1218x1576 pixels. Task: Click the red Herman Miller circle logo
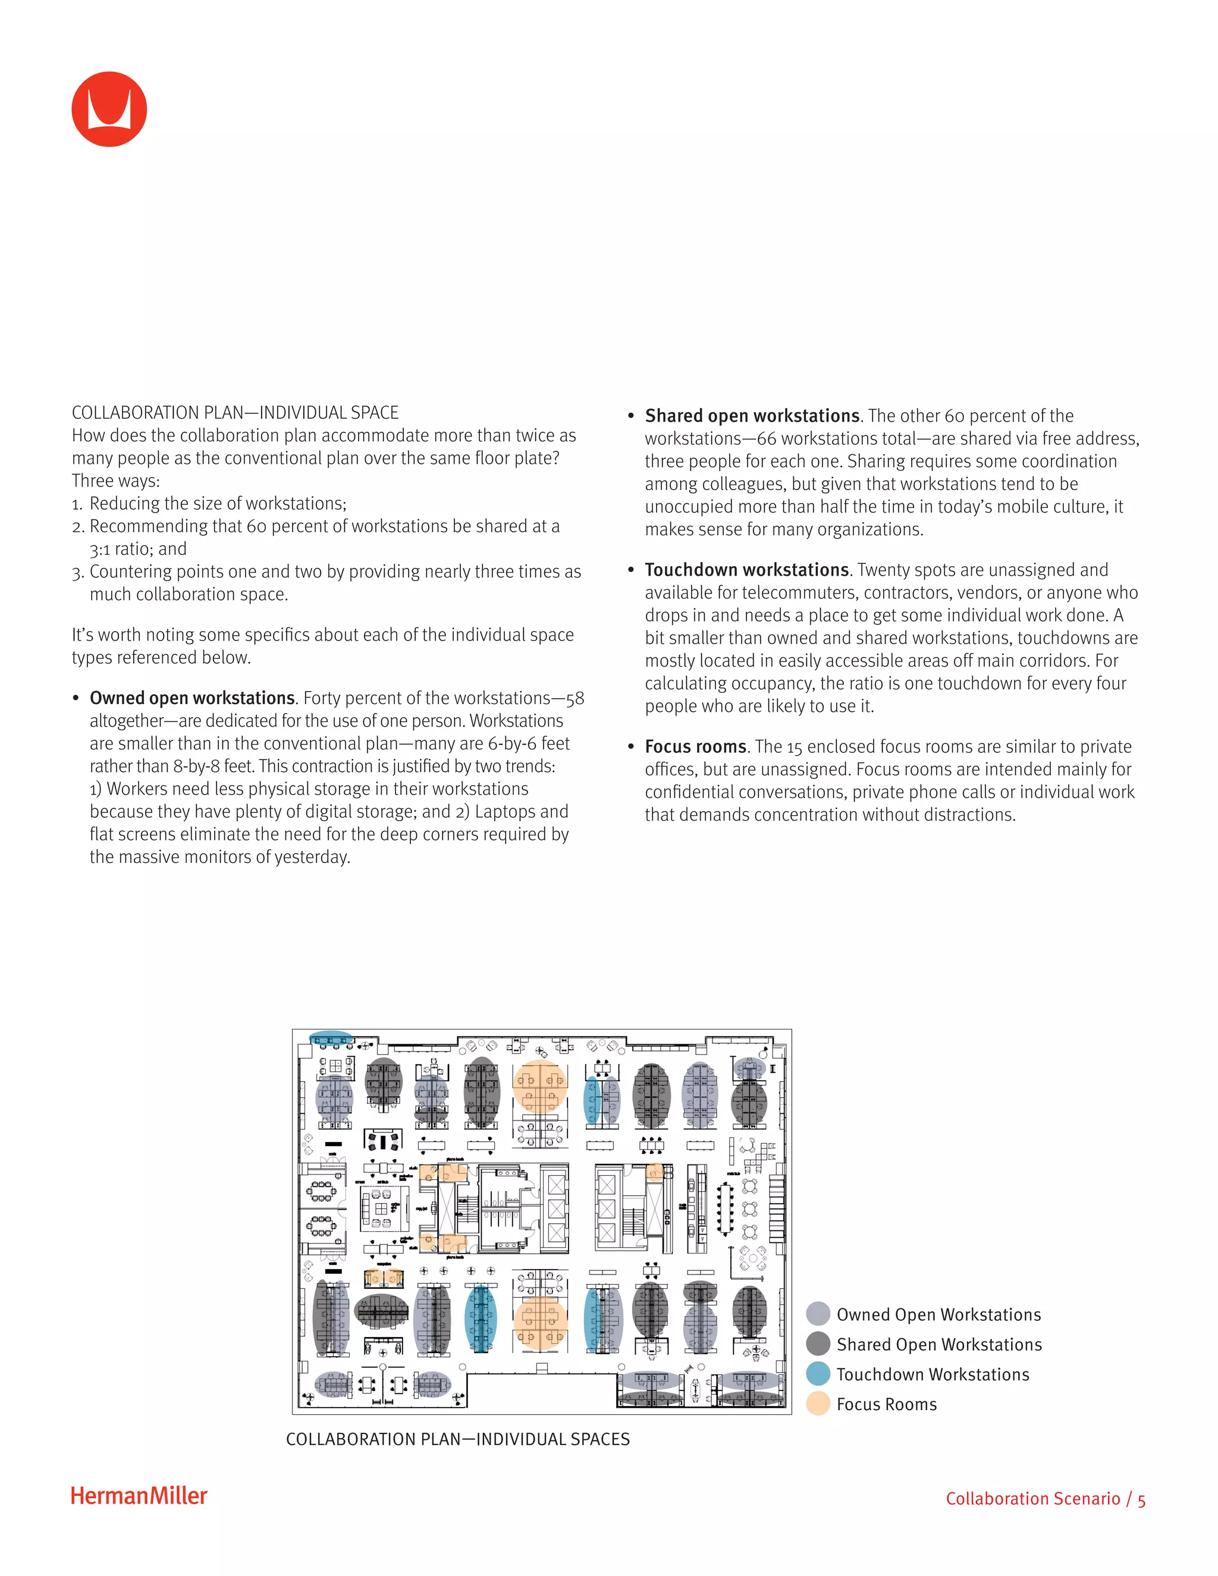(x=109, y=109)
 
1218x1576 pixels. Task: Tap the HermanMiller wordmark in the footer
(x=139, y=1496)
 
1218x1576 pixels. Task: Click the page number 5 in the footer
(x=1141, y=1499)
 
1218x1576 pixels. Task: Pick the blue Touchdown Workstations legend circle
(x=818, y=1374)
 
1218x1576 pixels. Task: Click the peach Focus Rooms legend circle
(x=818, y=1404)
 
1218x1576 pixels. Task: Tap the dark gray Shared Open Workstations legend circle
(x=818, y=1343)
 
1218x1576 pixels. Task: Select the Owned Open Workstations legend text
(x=938, y=1315)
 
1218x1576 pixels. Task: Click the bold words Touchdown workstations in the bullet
(x=746, y=570)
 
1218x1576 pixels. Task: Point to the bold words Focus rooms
(x=695, y=747)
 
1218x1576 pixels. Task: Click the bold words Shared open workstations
(x=752, y=416)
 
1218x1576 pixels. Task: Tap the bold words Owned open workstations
(x=192, y=699)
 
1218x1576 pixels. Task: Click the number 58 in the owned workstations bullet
(x=575, y=699)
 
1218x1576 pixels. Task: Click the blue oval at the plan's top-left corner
(x=331, y=1040)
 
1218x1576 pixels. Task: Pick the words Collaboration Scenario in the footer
(x=1032, y=1499)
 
